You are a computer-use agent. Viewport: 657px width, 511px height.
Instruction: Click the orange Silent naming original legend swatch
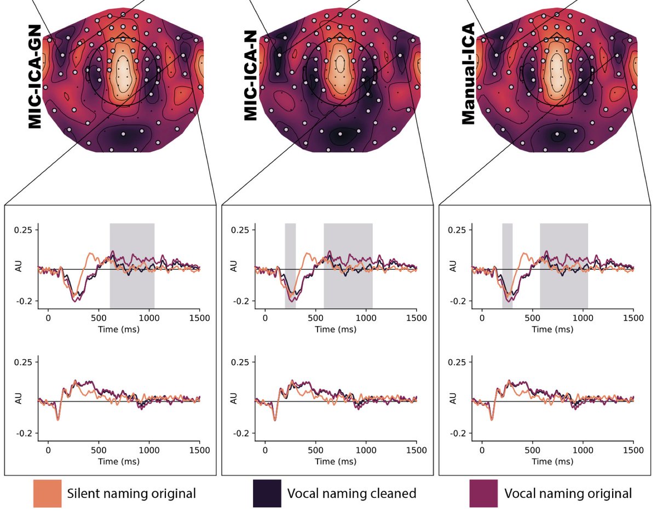(x=47, y=493)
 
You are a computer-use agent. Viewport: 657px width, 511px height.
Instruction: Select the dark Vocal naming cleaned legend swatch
(x=267, y=493)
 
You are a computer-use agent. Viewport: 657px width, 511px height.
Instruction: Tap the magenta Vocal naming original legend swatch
(x=483, y=493)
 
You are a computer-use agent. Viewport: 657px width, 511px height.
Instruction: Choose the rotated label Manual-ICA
(x=469, y=80)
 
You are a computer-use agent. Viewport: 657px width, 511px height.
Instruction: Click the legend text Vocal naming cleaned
(x=351, y=493)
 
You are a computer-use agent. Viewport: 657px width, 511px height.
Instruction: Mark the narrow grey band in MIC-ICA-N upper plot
(x=290, y=266)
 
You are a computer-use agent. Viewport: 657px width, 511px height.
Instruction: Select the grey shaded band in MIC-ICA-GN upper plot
(x=132, y=266)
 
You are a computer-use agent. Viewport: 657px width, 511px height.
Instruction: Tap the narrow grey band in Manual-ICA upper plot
(x=507, y=266)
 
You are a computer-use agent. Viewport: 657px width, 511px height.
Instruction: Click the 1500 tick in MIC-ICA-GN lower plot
(x=199, y=450)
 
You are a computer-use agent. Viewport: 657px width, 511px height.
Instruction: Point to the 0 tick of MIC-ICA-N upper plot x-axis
(x=265, y=317)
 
